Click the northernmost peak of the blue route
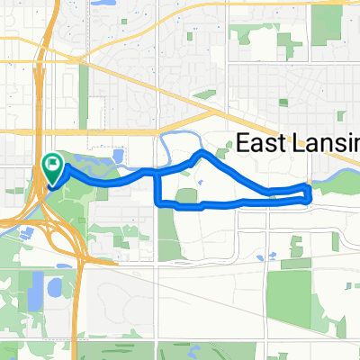point(200,155)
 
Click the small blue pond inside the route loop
point(200,186)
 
